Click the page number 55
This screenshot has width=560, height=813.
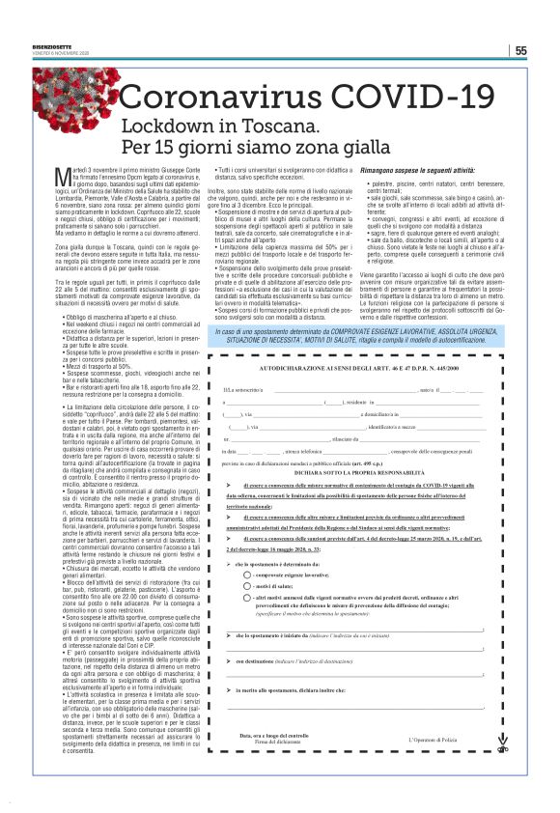point(520,51)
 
